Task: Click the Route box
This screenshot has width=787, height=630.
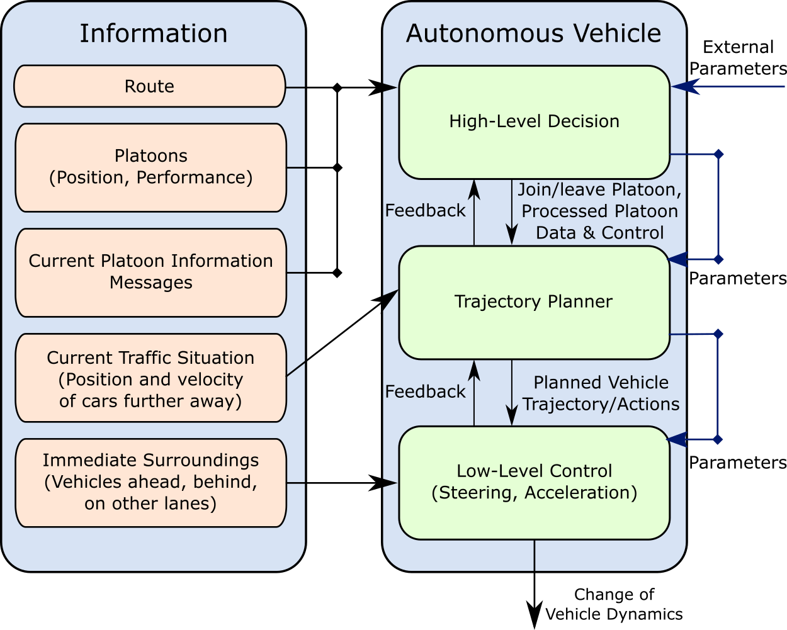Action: click(149, 86)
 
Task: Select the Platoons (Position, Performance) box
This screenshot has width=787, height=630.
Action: click(150, 167)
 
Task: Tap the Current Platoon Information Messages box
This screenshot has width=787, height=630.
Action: click(150, 273)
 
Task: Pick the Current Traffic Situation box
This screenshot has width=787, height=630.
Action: click(150, 378)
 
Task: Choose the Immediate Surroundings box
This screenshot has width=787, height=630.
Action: click(150, 482)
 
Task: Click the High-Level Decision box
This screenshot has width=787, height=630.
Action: click(534, 121)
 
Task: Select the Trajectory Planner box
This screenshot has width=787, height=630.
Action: click(534, 302)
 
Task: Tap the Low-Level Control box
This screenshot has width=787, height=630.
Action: click(534, 482)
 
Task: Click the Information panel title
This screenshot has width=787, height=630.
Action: click(153, 33)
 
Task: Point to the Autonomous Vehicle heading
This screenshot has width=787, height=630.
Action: click(533, 33)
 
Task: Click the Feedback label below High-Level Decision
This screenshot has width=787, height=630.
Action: click(425, 211)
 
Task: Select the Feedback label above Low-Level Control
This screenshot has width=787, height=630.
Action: click(425, 391)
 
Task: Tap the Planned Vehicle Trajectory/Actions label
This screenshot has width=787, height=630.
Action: click(601, 393)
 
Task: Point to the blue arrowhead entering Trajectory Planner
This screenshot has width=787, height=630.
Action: click(678, 259)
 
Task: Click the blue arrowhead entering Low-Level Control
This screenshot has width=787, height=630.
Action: click(677, 439)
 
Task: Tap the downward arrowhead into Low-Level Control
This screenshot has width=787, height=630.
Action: click(512, 417)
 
